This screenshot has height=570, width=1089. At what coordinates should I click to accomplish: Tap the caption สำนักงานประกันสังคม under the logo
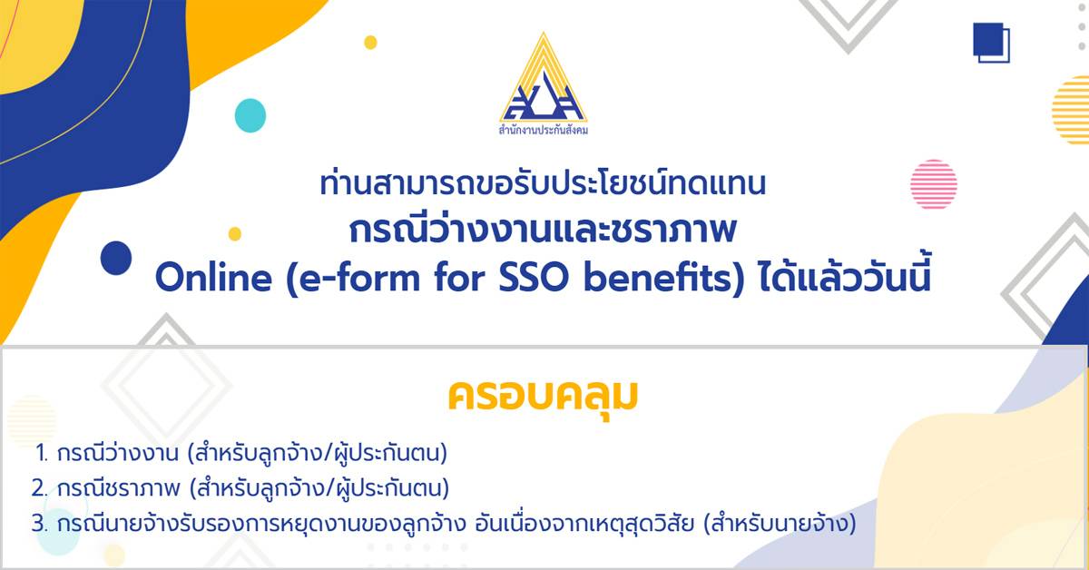(543, 131)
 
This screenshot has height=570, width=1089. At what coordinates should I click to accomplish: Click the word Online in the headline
(213, 278)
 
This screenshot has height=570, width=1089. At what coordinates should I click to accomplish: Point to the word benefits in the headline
(658, 278)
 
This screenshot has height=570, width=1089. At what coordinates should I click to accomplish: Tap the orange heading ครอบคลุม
(543, 397)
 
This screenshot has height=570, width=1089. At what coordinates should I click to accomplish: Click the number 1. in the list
(42, 454)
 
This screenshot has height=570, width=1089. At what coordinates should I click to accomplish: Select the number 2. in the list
(40, 488)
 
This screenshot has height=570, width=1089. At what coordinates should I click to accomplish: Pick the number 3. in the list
(40, 524)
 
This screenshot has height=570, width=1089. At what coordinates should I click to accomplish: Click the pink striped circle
(934, 184)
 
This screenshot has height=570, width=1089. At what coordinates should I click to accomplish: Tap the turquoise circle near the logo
(250, 115)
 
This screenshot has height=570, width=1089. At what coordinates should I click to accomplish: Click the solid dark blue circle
(116, 258)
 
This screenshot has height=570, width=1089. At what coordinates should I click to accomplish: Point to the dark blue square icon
(991, 43)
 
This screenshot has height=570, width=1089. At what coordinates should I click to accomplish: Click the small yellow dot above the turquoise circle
(370, 43)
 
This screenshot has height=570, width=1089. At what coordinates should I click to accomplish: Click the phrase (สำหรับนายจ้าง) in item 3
(780, 524)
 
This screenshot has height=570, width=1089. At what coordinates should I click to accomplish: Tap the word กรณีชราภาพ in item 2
(118, 487)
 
